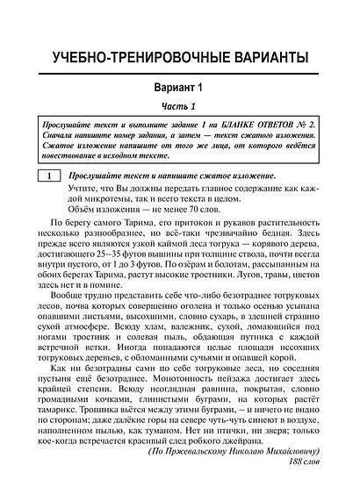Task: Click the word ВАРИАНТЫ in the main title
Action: [x=263, y=58]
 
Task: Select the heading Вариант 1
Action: [x=179, y=89]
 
